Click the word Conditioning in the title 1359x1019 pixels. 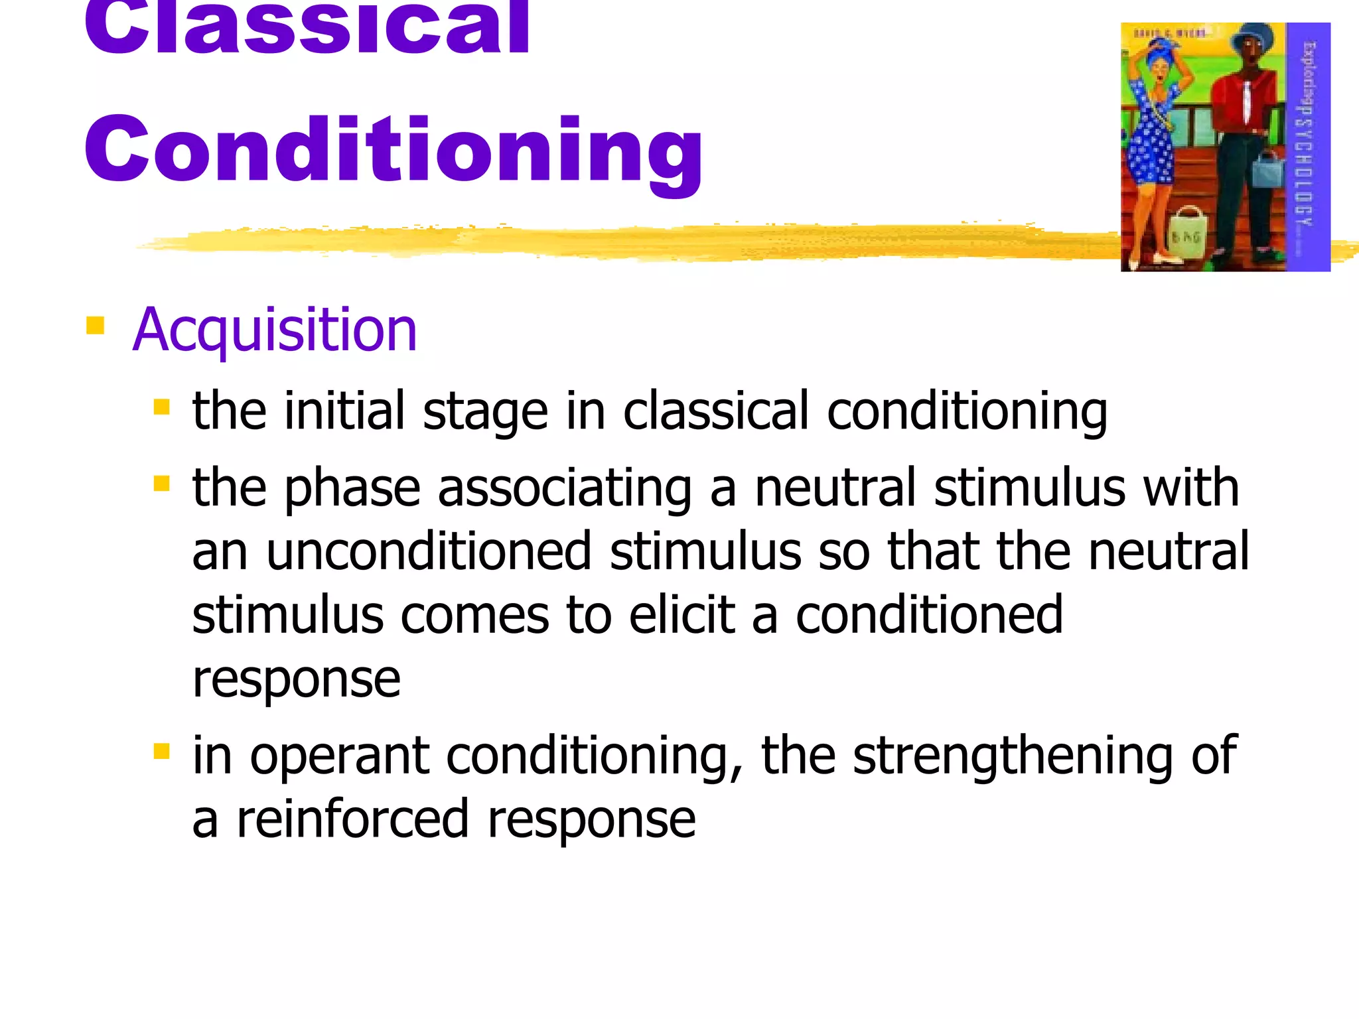(x=393, y=149)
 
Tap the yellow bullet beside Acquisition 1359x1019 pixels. (x=96, y=325)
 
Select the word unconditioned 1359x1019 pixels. (x=429, y=552)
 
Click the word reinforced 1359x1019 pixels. (x=353, y=820)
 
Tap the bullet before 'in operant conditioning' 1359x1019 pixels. (x=161, y=751)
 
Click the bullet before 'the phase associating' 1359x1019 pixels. (x=161, y=483)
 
